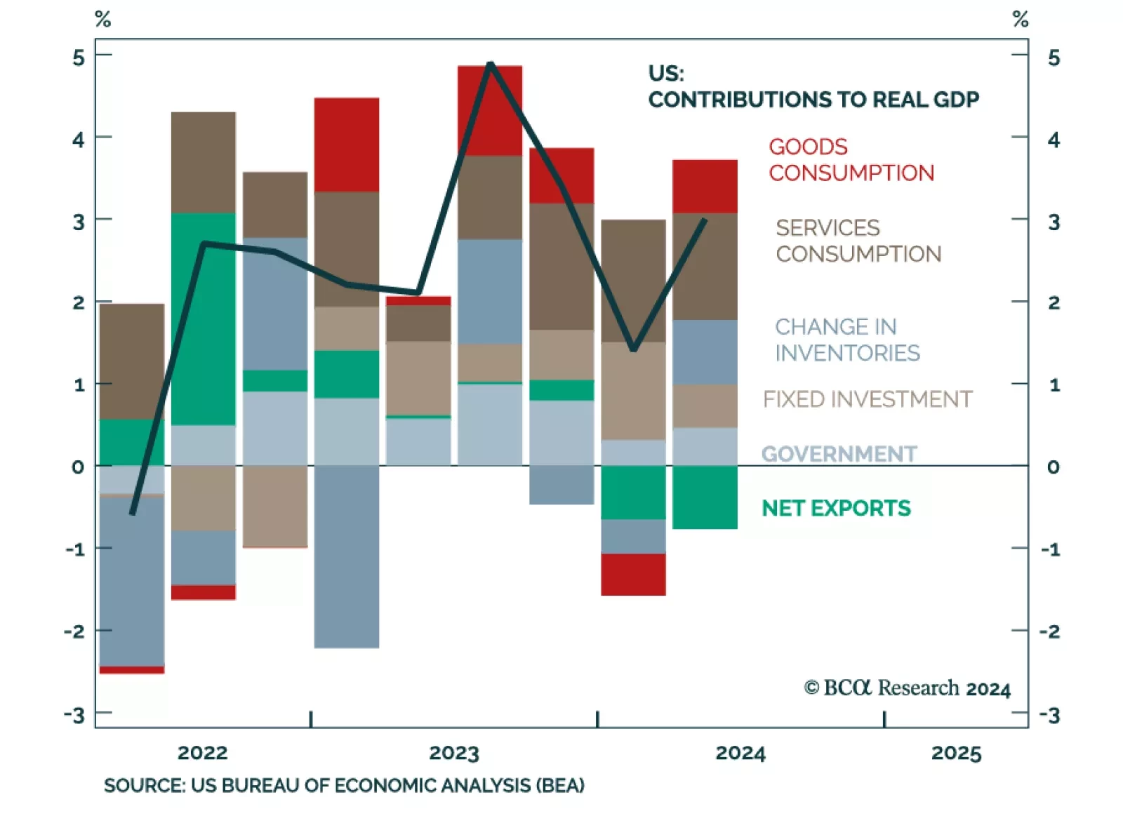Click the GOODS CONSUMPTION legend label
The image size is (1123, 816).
(x=851, y=160)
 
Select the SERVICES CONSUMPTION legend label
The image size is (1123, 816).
(x=858, y=241)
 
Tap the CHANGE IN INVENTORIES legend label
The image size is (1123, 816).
(x=846, y=340)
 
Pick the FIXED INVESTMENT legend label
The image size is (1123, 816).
(x=867, y=399)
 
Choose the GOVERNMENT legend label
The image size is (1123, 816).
(x=839, y=454)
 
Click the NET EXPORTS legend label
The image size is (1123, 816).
(x=836, y=508)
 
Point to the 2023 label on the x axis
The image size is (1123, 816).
(x=453, y=753)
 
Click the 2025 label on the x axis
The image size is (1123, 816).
(x=956, y=753)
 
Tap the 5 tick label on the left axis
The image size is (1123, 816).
(x=79, y=58)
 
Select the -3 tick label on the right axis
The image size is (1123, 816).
(x=1050, y=716)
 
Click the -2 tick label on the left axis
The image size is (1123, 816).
(x=74, y=631)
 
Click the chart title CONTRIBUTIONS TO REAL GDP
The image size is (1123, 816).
(x=813, y=100)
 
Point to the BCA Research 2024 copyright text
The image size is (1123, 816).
(x=907, y=688)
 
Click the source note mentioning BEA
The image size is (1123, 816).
(x=344, y=785)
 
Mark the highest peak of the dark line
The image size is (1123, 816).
(x=491, y=64)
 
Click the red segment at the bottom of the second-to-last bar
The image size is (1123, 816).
(x=633, y=575)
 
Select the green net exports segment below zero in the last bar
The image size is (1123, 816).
(x=705, y=497)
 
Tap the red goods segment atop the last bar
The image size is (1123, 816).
(x=705, y=187)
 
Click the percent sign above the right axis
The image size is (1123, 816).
(x=1021, y=20)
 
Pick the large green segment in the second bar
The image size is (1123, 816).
(x=204, y=319)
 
